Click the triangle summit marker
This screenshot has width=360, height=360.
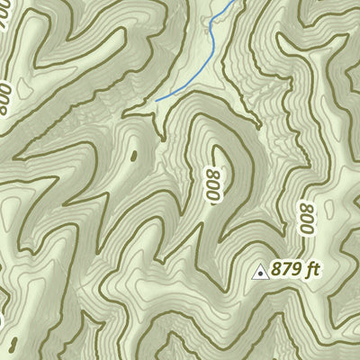pyautogui.click(x=261, y=270)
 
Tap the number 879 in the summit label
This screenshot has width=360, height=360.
pyautogui.click(x=288, y=268)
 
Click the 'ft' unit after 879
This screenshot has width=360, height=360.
pyautogui.click(x=313, y=268)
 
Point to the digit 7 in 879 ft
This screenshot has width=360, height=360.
pyautogui.click(x=288, y=268)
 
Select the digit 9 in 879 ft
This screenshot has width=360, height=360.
pyautogui.click(x=297, y=268)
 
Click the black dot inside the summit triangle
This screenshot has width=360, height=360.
pyautogui.click(x=261, y=271)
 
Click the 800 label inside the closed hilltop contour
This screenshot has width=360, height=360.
pyautogui.click(x=213, y=184)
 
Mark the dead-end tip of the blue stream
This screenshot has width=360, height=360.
pyautogui.click(x=157, y=99)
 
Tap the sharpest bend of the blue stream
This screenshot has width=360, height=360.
pyautogui.click(x=210, y=31)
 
